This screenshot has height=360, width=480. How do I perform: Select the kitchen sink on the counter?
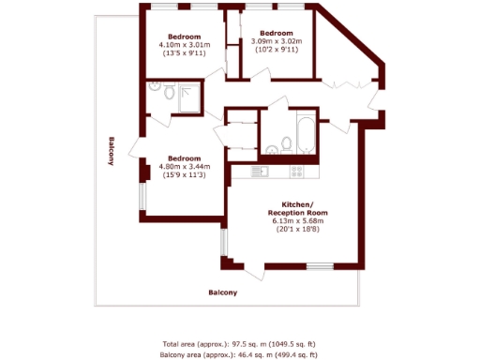(x=260, y=172)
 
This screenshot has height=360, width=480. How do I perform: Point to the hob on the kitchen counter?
(x=297, y=172)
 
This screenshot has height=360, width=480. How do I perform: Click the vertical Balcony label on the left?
(x=111, y=151)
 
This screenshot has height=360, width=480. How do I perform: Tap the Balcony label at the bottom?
(x=222, y=292)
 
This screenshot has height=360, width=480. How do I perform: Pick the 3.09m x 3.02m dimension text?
(x=275, y=41)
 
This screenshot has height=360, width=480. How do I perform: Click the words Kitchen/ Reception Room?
(x=298, y=208)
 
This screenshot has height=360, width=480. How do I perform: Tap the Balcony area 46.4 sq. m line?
(x=240, y=355)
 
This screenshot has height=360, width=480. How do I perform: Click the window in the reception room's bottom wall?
(x=320, y=267)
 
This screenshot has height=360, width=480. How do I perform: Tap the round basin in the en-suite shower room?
(x=167, y=94)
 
